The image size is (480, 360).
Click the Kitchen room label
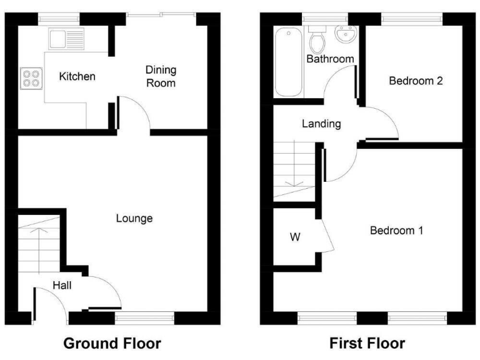[77, 77]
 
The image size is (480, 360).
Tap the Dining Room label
[161, 76]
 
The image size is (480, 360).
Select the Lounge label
[134, 219]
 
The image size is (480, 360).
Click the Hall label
[62, 286]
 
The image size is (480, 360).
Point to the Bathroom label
[330, 59]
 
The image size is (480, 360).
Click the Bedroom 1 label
[397, 231]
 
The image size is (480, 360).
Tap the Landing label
[321, 124]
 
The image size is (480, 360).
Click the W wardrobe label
[294, 237]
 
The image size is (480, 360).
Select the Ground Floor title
[112, 343]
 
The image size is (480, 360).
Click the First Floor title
[367, 343]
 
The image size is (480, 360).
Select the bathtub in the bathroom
[288, 61]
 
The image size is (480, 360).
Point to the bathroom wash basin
[344, 34]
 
